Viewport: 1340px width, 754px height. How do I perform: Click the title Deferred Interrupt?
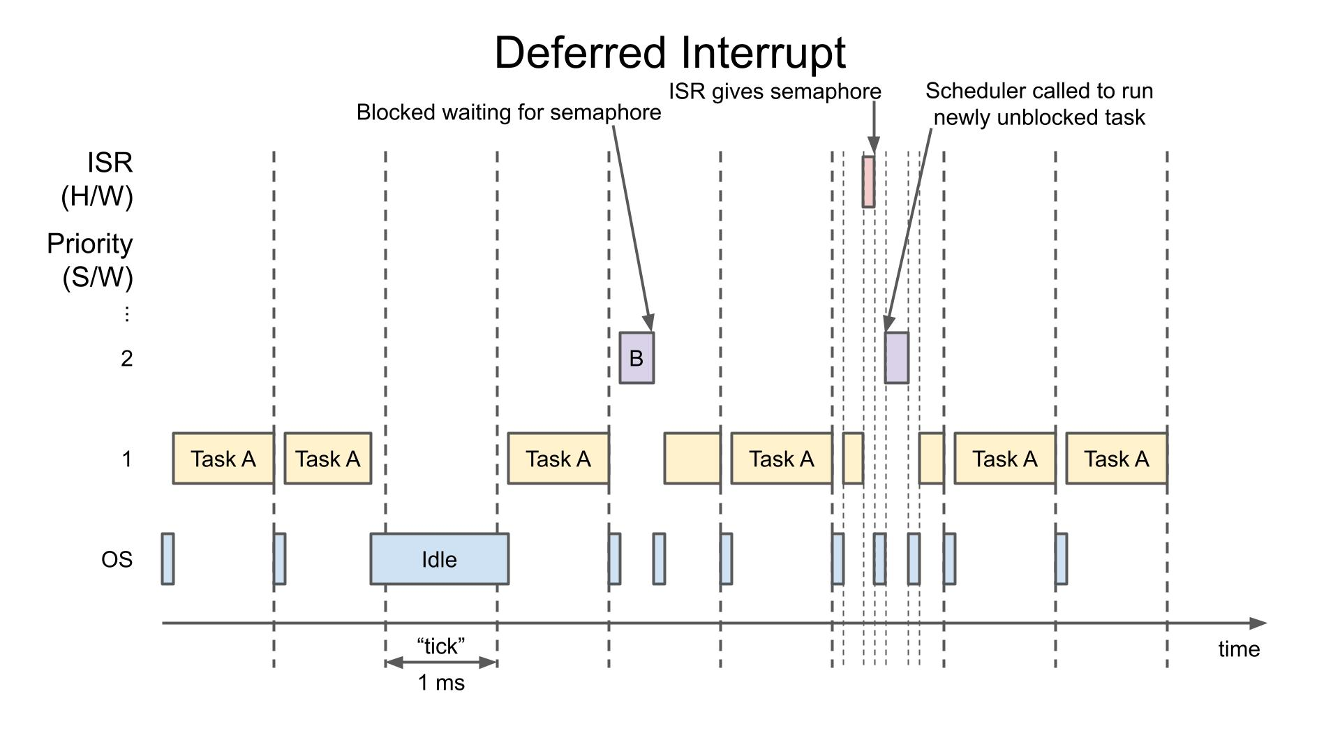coord(670,53)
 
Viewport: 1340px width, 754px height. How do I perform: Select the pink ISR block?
coord(868,182)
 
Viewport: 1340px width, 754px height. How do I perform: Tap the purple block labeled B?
coord(636,357)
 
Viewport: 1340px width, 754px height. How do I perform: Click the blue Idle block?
coord(440,559)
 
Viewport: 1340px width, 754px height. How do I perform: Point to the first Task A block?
coord(223,458)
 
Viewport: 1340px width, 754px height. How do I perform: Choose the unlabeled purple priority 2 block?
coord(897,357)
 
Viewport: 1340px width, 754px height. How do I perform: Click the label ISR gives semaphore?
coord(775,91)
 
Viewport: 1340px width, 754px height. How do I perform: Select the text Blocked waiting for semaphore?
coord(509,112)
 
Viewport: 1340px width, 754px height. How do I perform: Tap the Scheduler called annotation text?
coord(1039,104)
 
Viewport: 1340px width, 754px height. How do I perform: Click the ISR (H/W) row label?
coord(98,179)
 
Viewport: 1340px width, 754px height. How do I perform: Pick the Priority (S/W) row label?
coord(91,260)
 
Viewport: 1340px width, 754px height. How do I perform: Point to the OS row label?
coord(117,559)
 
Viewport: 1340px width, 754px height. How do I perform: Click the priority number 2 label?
coord(126,358)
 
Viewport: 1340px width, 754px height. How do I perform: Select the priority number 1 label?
coord(126,459)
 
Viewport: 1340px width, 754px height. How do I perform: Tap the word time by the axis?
coord(1239,649)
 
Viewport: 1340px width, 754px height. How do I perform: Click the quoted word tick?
coord(440,646)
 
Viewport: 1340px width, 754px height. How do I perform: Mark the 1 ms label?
coord(441,682)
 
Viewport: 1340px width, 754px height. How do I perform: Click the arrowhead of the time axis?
coord(1258,623)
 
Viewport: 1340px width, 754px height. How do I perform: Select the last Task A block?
coord(1117,458)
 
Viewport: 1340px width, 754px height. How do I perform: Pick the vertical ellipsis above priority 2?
coord(126,314)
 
